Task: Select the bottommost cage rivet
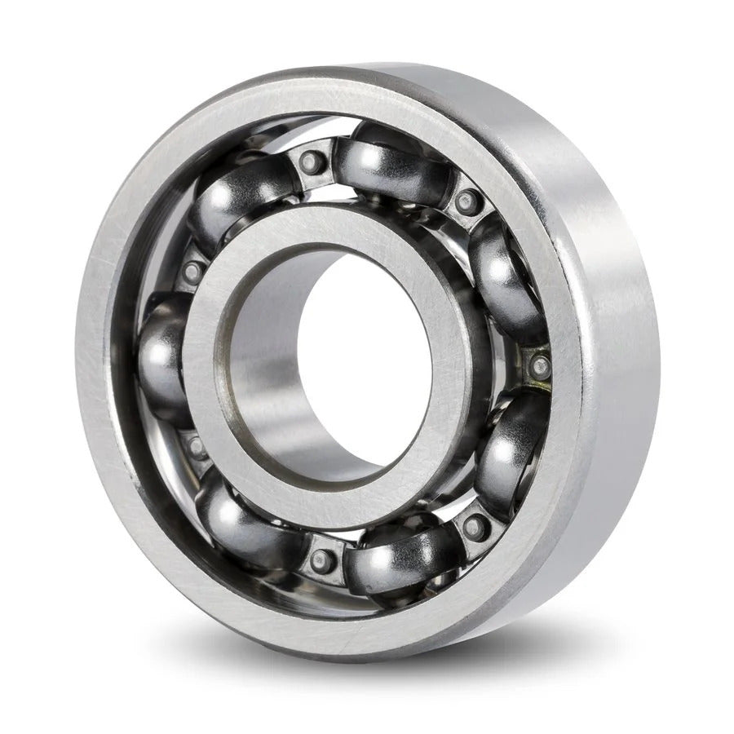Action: tap(321, 560)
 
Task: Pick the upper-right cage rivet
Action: tap(466, 199)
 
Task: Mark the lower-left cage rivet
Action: tap(196, 445)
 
